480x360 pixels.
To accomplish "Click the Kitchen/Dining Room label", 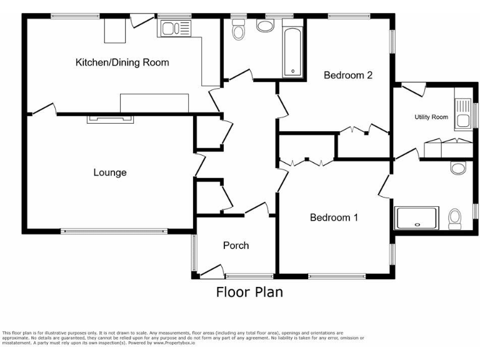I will pos(122,62).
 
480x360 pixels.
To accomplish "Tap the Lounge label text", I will pos(110,172).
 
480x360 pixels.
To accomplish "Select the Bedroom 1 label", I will pos(334,217).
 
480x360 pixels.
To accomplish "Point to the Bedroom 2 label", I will pos(348,76).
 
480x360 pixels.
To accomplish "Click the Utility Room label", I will pos(431,117).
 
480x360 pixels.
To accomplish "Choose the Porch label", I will pos(236,246).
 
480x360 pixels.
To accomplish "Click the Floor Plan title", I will pos(249,292).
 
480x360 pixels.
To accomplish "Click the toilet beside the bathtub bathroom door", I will pos(238,30).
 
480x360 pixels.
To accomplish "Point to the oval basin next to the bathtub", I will pos(266,26).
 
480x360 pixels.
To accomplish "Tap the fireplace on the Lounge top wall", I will pos(109,118).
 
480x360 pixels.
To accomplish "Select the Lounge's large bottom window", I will pos(114,231).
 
